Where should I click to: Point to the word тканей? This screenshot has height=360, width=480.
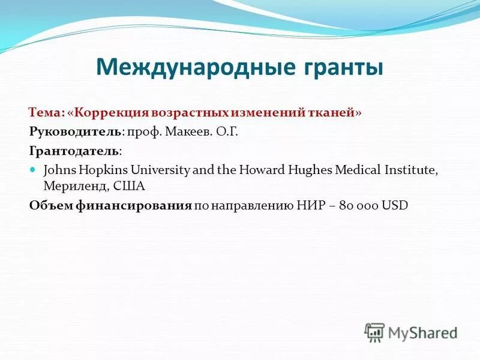pyautogui.click(x=335, y=113)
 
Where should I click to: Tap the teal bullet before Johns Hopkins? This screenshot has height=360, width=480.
pyautogui.click(x=34, y=170)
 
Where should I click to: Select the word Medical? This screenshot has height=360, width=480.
pyautogui.click(x=357, y=170)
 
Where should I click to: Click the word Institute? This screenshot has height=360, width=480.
pyautogui.click(x=409, y=170)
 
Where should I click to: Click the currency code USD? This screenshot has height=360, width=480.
pyautogui.click(x=395, y=205)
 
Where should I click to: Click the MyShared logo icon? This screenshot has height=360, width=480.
pyautogui.click(x=374, y=332)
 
